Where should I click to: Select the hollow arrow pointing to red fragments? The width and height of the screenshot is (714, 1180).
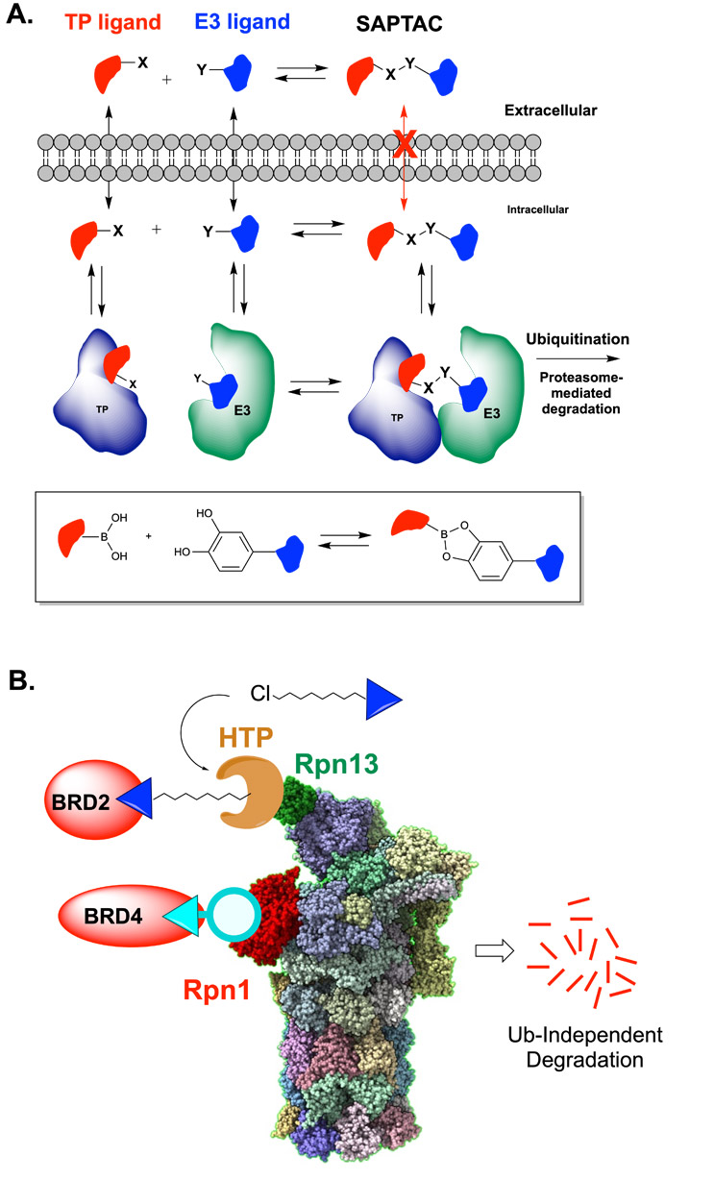click(x=494, y=950)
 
